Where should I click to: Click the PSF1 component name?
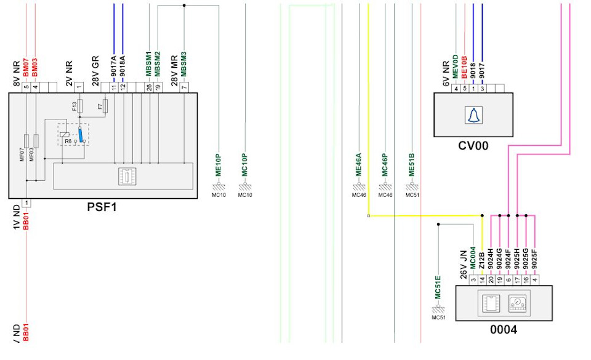(102, 207)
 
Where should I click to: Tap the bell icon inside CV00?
(473, 115)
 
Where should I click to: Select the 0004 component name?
(503, 330)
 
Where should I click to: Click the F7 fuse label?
(100, 107)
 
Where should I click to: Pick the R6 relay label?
(68, 141)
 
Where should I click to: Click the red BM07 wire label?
(26, 68)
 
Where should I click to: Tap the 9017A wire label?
(114, 66)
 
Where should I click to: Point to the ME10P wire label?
(218, 165)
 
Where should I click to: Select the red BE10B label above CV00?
(464, 66)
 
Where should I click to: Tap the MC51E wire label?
(438, 286)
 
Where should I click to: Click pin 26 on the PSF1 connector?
(149, 87)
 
